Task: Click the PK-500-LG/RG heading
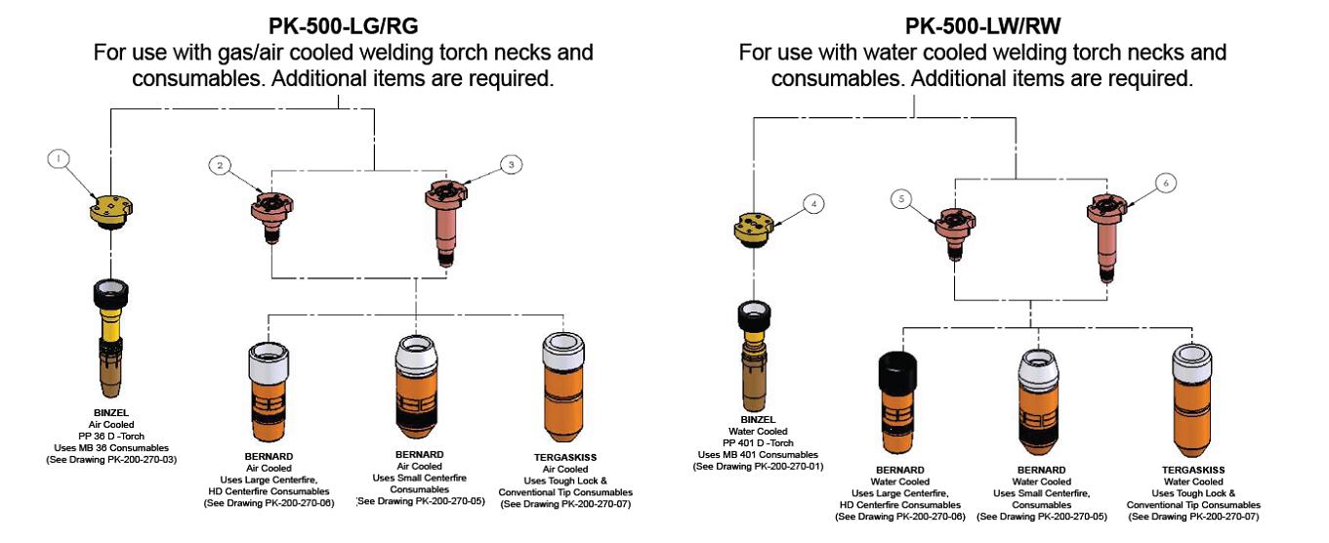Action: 343,24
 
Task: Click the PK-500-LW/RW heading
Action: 981,24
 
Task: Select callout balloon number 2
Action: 222,166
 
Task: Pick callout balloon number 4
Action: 813,204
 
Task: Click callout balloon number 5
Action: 904,199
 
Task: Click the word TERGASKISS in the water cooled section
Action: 1192,470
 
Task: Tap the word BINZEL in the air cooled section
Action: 110,412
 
